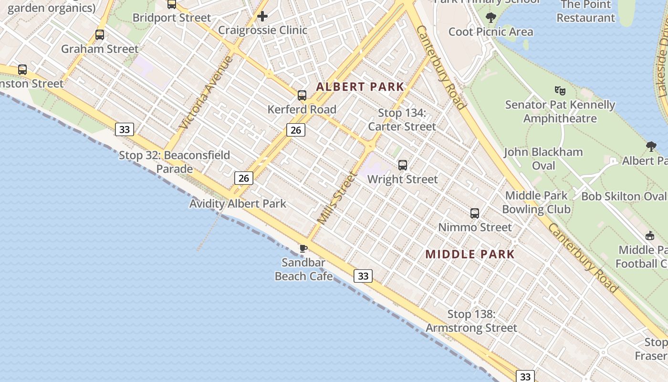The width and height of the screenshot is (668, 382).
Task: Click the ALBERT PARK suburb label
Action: coord(360,87)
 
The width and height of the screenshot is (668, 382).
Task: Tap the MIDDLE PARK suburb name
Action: coord(470,254)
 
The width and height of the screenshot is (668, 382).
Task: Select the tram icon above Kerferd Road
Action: coord(302,95)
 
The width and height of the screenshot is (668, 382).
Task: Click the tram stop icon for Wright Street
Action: coord(403,165)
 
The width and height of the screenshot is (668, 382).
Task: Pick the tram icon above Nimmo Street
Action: coord(475,213)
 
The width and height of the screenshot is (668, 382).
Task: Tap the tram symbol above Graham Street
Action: coord(100,35)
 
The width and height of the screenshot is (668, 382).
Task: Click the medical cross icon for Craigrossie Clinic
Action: coord(262,17)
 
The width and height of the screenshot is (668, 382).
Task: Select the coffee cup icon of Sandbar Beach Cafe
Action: coord(303,248)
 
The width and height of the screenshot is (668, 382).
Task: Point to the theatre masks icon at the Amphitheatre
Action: coord(560,90)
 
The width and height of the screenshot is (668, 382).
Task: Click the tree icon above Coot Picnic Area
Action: coord(491,18)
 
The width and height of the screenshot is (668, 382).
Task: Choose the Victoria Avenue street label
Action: coord(207,93)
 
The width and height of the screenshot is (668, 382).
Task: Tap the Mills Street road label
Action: coord(337,198)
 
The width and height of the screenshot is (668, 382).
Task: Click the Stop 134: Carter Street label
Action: coord(402,120)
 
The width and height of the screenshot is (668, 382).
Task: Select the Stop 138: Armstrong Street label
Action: coord(471,321)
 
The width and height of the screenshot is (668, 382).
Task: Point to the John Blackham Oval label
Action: coord(543,159)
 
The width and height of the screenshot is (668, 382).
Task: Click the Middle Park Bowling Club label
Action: coord(536,202)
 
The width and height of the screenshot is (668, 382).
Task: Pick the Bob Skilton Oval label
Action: coord(624,196)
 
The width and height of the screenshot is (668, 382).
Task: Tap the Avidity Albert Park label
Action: coord(238,204)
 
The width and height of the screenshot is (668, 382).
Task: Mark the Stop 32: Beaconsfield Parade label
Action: coord(174,162)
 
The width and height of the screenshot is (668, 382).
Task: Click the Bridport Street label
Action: coord(172,18)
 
